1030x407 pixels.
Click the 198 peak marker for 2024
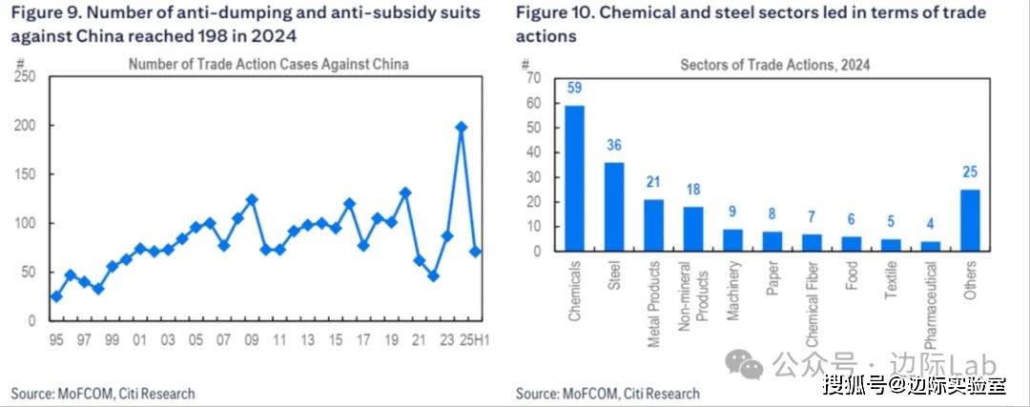coord(462,127)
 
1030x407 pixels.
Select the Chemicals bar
coord(575,178)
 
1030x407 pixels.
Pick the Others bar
coord(968,220)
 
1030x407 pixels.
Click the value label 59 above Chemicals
coord(575,89)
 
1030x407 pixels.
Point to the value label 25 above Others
coord(968,173)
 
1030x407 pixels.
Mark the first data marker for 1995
coord(56,296)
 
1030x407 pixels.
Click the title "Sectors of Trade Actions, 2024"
coord(774,65)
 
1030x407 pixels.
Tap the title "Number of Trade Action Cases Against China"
coord(268,65)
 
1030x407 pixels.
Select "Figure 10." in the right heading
coord(554,13)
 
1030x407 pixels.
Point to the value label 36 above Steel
coord(614,146)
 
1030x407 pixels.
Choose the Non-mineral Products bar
coord(693,229)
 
